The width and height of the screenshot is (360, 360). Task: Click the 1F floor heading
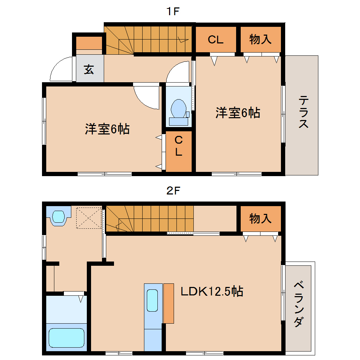pos(173,11)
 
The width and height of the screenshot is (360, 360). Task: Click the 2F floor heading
pos(173,191)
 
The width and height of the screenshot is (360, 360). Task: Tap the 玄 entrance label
pos(89,69)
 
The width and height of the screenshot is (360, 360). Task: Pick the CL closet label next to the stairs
pos(216,40)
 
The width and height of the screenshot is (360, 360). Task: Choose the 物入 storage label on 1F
pos(260,39)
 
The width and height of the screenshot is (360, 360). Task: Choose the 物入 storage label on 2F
pos(260,218)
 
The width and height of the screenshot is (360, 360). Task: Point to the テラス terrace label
pos(304,112)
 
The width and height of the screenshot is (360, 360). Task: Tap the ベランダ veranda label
pos(299,304)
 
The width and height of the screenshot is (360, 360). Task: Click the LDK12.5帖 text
pos(212,291)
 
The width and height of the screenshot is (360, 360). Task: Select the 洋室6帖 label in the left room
pos(107,129)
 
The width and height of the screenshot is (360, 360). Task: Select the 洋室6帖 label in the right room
pos(238,113)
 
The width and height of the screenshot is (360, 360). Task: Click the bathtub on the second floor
pos(66,338)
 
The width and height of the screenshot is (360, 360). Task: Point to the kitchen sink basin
pos(152,300)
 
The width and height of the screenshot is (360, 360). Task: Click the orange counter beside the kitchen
pos(168,304)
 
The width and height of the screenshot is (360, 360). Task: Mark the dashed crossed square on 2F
pos(89,218)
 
